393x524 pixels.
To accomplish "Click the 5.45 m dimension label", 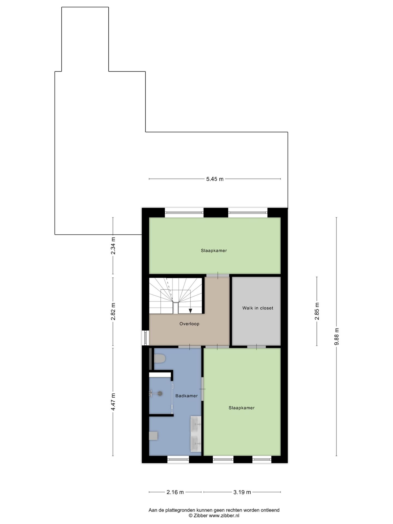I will click(215, 179).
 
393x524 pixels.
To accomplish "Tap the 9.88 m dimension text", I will click(337, 337).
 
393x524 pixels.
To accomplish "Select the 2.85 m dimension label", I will click(317, 311).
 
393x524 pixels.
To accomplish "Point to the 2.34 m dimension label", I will click(113, 246).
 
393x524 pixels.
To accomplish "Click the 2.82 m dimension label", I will click(113, 311).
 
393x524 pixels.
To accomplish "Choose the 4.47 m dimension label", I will click(113, 401).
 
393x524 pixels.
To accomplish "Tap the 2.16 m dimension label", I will click(175, 492).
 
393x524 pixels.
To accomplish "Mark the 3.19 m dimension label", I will click(242, 492).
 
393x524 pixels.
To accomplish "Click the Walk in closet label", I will click(258, 308).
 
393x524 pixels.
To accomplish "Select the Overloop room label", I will click(189, 324).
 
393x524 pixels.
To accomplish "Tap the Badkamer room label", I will click(186, 396).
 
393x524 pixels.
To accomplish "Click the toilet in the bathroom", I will click(160, 358).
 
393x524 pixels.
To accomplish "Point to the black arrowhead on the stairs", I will click(190, 311).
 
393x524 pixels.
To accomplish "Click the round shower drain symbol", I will click(160, 393).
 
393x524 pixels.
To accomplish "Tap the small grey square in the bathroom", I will click(153, 436).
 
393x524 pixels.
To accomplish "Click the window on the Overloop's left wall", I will click(145, 338).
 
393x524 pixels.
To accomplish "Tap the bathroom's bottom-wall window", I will click(178, 460).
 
